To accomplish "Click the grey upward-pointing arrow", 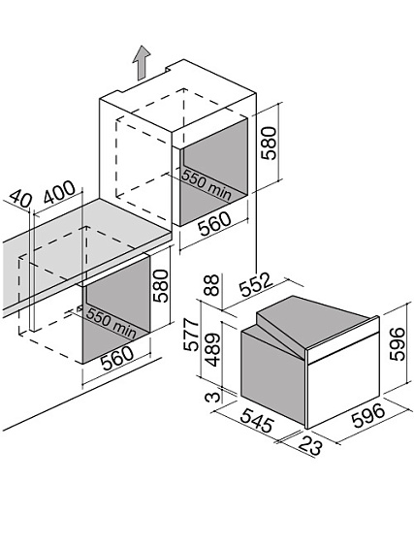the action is coord(141,63).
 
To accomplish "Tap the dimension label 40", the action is coord(20,199).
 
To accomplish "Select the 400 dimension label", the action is coord(59,192).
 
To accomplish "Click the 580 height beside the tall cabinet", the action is coord(270,144).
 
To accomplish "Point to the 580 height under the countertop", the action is coord(161,286).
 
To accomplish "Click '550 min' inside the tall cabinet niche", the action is coord(207,185).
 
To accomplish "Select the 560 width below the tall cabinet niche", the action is coord(214,224).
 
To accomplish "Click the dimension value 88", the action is coord(211,285).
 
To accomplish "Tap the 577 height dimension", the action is coord(192,335).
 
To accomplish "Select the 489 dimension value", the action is coord(212,350).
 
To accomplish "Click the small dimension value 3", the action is coord(212,397).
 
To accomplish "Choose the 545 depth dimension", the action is coord(257,421).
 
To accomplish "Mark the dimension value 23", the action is coord(309,445).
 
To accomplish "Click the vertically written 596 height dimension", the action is coord(397,343).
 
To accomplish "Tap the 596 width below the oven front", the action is coord(368,415).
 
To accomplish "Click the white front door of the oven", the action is coord(342,379).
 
